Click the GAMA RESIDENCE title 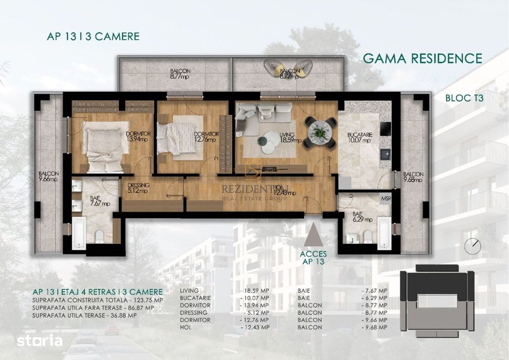coord(423,58)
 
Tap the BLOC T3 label coord(466,97)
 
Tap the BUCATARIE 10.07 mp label coord(359,137)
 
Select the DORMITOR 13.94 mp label coord(137,136)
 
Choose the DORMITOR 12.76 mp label coord(206,136)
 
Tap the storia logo coord(40,340)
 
